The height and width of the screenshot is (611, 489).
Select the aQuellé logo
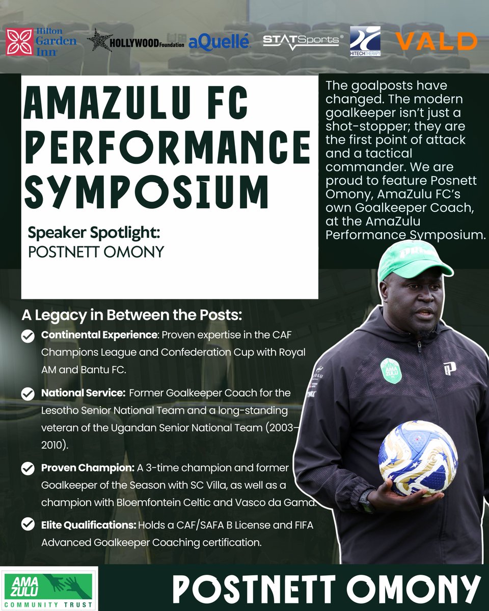(x=219, y=42)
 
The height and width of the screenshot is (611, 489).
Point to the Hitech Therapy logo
(x=365, y=41)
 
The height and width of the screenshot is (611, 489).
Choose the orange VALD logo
(x=437, y=41)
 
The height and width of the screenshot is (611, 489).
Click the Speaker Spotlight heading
(x=95, y=234)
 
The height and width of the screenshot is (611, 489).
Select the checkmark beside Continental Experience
(x=28, y=337)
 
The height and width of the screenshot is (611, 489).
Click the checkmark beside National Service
(x=28, y=394)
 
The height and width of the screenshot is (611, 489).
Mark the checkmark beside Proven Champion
(x=28, y=468)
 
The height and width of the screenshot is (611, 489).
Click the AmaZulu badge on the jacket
(x=391, y=370)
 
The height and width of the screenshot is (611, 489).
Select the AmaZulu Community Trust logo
(x=49, y=587)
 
